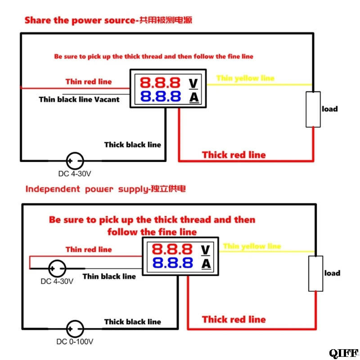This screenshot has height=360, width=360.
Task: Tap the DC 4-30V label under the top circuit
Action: (x=75, y=174)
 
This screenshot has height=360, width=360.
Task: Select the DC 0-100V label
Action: (x=75, y=342)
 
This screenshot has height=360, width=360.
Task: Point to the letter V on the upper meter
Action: (x=193, y=84)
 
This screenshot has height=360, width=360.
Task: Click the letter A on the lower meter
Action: (x=206, y=264)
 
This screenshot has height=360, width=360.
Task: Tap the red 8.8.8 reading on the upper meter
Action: (x=160, y=83)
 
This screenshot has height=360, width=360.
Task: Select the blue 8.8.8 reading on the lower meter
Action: (x=172, y=263)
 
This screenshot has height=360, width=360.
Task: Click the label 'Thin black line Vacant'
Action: (x=79, y=99)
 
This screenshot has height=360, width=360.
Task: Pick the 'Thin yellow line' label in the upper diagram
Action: (x=245, y=78)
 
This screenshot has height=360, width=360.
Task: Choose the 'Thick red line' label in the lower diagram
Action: (x=234, y=319)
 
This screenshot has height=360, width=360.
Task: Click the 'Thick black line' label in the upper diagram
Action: (x=132, y=144)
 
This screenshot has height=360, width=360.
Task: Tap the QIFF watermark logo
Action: (x=344, y=353)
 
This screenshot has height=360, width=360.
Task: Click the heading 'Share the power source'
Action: (x=80, y=20)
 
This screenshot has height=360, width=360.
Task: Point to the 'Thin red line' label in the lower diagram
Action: (x=89, y=250)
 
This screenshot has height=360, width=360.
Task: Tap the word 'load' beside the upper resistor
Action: (x=330, y=109)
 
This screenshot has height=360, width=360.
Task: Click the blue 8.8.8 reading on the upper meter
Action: (x=161, y=96)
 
